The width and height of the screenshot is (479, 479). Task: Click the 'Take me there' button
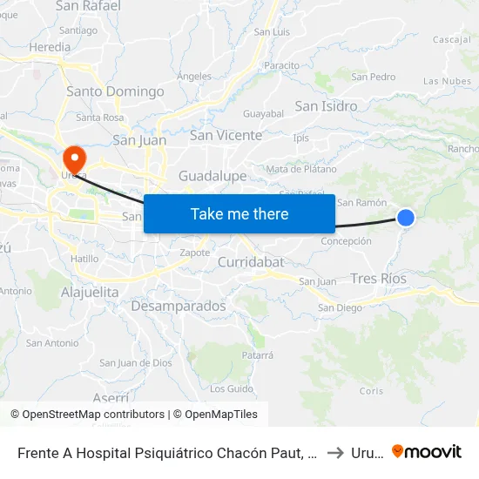pyautogui.click(x=239, y=213)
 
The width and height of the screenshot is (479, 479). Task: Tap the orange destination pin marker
pyautogui.click(x=75, y=159)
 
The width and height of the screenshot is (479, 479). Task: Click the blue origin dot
pyautogui.click(x=406, y=218)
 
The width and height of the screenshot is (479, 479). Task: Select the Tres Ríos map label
pyautogui.click(x=378, y=279)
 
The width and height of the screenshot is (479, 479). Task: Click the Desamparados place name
pyautogui.click(x=178, y=307)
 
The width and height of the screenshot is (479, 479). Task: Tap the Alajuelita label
pyautogui.click(x=90, y=293)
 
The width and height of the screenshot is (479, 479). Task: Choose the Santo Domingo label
pyautogui.click(x=115, y=91)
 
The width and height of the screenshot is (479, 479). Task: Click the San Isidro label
pyautogui.click(x=326, y=106)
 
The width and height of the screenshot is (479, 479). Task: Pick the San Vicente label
pyautogui.click(x=226, y=135)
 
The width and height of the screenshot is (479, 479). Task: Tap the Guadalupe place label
pyautogui.click(x=213, y=176)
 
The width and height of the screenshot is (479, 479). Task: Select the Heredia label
pyautogui.click(x=50, y=47)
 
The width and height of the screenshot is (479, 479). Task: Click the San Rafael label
pyautogui.click(x=88, y=6)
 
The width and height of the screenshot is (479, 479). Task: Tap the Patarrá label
pyautogui.click(x=257, y=355)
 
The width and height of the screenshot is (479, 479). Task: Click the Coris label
pyautogui.click(x=371, y=391)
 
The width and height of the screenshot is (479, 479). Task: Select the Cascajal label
pyautogui.click(x=452, y=40)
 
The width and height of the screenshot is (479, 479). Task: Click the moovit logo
pyautogui.click(x=427, y=451)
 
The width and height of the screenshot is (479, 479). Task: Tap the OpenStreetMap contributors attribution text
pyautogui.click(x=93, y=415)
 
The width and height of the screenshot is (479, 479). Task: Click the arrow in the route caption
pyautogui.click(x=334, y=452)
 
